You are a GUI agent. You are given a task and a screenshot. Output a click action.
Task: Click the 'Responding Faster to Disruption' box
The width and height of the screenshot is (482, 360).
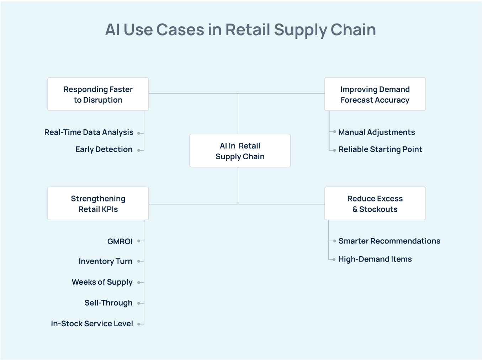[98, 94]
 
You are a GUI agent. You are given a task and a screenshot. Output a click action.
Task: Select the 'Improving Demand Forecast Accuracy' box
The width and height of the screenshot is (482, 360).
[375, 94]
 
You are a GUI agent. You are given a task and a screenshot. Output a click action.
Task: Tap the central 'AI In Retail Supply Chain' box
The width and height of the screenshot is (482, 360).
[240, 151]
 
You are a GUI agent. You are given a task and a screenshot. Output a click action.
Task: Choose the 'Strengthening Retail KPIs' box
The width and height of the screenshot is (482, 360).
[98, 204]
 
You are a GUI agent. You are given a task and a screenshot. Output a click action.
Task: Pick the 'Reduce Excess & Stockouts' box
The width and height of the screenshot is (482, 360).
[375, 204]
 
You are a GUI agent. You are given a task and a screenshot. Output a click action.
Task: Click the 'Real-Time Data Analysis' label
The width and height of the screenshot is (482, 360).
[89, 133]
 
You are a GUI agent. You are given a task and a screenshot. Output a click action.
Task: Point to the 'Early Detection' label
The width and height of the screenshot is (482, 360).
[104, 150]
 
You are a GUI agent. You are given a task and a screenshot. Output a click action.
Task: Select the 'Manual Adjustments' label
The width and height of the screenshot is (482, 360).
[376, 133]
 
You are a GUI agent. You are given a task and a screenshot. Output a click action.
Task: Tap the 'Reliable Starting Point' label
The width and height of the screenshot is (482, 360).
[380, 150]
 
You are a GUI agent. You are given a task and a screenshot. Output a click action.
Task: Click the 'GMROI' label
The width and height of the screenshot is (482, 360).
[120, 242]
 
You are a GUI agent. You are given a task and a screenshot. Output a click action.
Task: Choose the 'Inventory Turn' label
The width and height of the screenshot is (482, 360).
[105, 262]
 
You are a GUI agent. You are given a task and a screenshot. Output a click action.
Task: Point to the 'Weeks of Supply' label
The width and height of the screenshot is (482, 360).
[102, 282]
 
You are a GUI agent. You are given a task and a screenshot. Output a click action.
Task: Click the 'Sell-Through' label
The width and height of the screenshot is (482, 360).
[108, 303]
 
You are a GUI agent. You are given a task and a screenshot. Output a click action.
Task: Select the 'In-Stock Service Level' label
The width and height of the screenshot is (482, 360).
[92, 324]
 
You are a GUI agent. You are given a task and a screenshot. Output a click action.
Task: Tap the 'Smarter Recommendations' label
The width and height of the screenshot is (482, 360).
[389, 241]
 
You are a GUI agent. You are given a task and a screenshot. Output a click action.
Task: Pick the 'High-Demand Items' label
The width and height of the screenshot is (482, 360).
[375, 259]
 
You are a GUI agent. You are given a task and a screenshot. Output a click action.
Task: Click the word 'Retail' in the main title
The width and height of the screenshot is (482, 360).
[248, 30]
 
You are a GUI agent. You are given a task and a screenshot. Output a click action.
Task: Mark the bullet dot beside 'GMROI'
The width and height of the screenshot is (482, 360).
[139, 241]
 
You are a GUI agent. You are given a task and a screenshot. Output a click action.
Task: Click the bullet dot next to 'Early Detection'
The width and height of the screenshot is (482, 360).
[139, 150]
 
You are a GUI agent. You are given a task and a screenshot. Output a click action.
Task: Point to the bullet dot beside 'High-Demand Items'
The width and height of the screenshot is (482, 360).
[334, 259]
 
